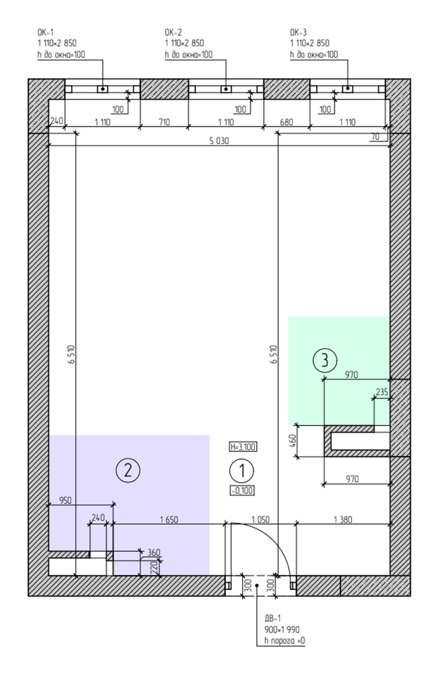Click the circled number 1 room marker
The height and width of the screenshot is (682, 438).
tap(241, 470)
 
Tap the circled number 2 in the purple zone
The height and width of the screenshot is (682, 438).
tap(128, 470)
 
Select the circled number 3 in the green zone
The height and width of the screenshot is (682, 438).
tap(325, 360)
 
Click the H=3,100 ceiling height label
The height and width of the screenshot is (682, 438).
tap(243, 447)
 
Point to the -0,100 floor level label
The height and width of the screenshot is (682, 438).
tap(242, 491)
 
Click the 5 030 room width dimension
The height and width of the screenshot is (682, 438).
tap(219, 140)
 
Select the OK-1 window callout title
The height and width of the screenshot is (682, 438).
tap(46, 32)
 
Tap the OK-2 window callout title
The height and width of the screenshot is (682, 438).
tap(173, 32)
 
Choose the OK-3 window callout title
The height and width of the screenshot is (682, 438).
tap(298, 32)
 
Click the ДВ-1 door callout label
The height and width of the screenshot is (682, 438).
tap(273, 618)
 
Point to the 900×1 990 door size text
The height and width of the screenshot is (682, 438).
tap(282, 629)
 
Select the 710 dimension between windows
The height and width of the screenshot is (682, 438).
tap(165, 122)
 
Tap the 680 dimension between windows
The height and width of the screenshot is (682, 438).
tap(287, 122)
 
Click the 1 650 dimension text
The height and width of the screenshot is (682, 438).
tap(169, 519)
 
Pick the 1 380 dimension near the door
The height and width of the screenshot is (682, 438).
tap(343, 519)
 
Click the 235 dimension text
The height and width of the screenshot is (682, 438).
tap(382, 392)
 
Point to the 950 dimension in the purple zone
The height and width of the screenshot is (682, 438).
tap(65, 500)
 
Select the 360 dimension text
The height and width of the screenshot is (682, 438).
tap(154, 552)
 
